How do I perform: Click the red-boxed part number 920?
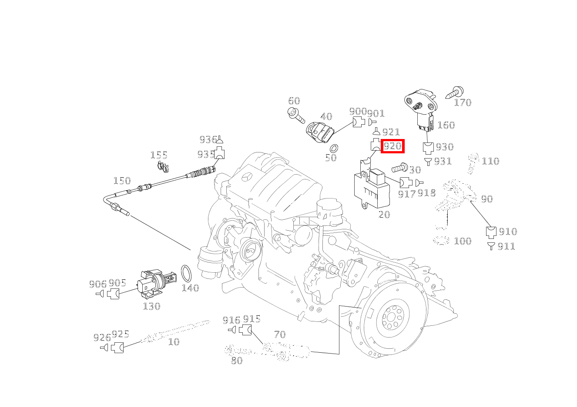coord(392,146)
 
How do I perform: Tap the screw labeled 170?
coord(454,93)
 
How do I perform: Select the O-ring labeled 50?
coord(334,149)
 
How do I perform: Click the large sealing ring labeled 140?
coord(186,274)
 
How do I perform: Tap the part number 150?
coord(122,181)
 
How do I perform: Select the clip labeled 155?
coord(163,167)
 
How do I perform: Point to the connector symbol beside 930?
coord(428,148)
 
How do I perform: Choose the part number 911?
coord(506,246)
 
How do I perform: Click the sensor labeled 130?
coord(156,284)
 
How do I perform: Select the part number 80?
coord(237,361)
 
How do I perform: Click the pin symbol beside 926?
coord(104,348)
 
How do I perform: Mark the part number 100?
coord(463,241)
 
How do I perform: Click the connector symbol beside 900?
coord(359,122)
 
